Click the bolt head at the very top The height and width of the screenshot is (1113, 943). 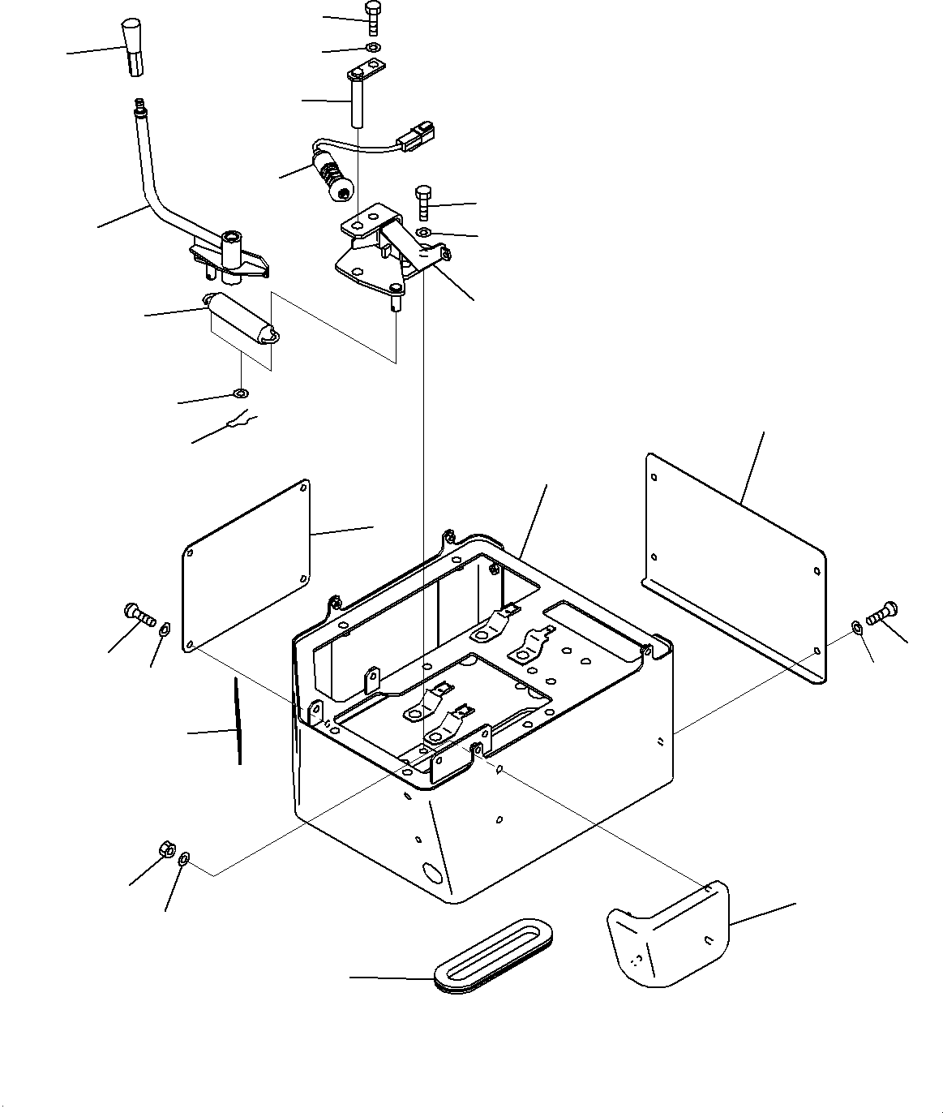(x=372, y=10)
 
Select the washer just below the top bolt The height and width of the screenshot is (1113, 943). (x=371, y=49)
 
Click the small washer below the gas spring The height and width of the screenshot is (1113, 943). (x=240, y=394)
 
